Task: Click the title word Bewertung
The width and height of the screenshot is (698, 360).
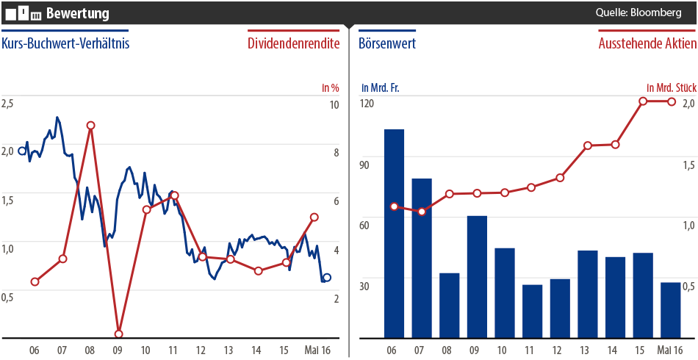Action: (x=78, y=13)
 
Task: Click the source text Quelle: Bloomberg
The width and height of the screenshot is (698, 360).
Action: (x=639, y=12)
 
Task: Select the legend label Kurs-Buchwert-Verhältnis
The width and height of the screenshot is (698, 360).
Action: (x=65, y=43)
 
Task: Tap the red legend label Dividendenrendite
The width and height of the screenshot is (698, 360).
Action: (x=294, y=43)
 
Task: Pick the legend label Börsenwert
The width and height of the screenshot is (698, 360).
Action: (x=387, y=43)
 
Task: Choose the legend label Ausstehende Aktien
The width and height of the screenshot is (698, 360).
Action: (x=647, y=43)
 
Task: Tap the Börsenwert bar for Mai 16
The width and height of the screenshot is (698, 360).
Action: (x=670, y=309)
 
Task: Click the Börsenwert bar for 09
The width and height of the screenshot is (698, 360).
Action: (x=477, y=276)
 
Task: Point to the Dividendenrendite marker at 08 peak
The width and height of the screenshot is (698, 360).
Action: (x=90, y=126)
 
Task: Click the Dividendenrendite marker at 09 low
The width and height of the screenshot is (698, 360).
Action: (x=118, y=334)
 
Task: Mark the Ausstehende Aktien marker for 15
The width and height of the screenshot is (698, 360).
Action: (x=643, y=101)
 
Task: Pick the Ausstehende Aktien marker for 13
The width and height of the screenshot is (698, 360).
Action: (x=588, y=145)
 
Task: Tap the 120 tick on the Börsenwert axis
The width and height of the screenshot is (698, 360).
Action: (x=367, y=103)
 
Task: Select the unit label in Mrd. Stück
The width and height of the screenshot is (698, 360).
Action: (x=671, y=87)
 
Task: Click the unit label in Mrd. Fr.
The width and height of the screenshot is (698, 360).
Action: (x=378, y=87)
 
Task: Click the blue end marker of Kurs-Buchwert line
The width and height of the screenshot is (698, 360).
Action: (x=327, y=278)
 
